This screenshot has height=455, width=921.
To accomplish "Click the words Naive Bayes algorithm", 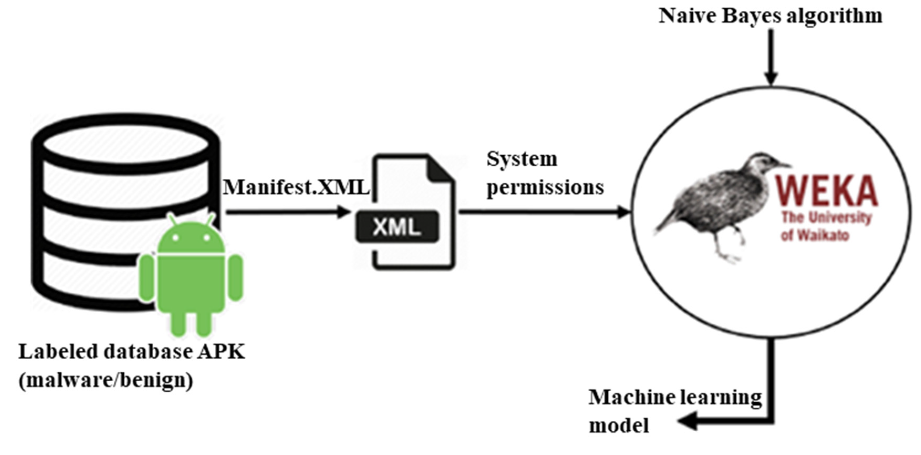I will click(770, 16).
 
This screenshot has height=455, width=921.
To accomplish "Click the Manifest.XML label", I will click(296, 187).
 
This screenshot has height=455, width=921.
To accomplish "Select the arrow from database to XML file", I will click(286, 212).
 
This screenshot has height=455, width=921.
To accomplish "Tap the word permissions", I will click(545, 187).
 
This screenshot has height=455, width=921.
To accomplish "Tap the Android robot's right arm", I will click(235, 277).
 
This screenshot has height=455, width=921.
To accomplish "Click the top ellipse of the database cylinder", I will click(125, 143).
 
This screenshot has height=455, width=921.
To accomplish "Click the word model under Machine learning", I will click(619, 426).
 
